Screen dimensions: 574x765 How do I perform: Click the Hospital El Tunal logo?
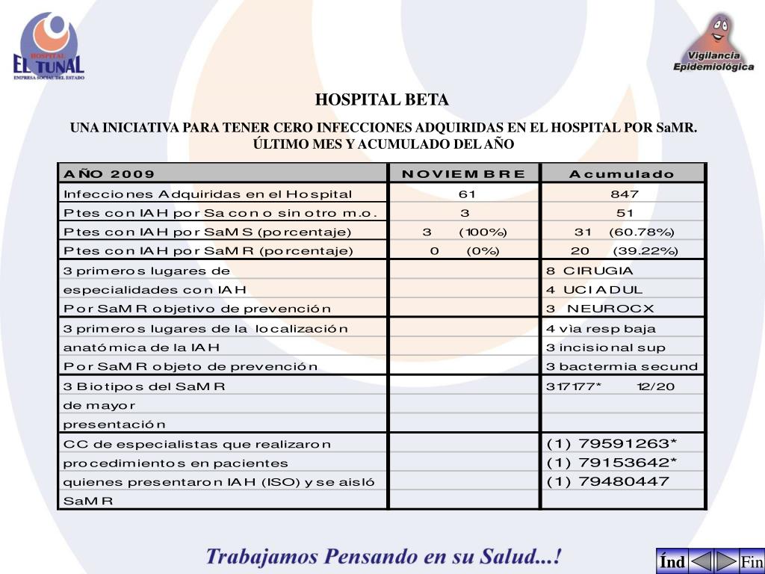49,46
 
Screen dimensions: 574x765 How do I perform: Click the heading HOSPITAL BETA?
382,100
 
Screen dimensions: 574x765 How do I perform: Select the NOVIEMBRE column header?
463,174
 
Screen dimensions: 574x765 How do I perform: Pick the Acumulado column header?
622,174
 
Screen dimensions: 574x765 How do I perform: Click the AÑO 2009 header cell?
110,174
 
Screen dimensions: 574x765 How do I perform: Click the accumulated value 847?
624,194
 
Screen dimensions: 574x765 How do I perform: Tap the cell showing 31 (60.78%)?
624,232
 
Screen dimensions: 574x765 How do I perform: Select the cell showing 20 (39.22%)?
624,251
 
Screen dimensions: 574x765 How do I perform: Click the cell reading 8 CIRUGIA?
589,271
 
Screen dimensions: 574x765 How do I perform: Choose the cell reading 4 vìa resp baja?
601,329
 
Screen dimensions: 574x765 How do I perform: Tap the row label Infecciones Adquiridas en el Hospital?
208,194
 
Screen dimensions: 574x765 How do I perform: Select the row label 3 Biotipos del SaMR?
144,386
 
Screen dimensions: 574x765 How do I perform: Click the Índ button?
672,562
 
